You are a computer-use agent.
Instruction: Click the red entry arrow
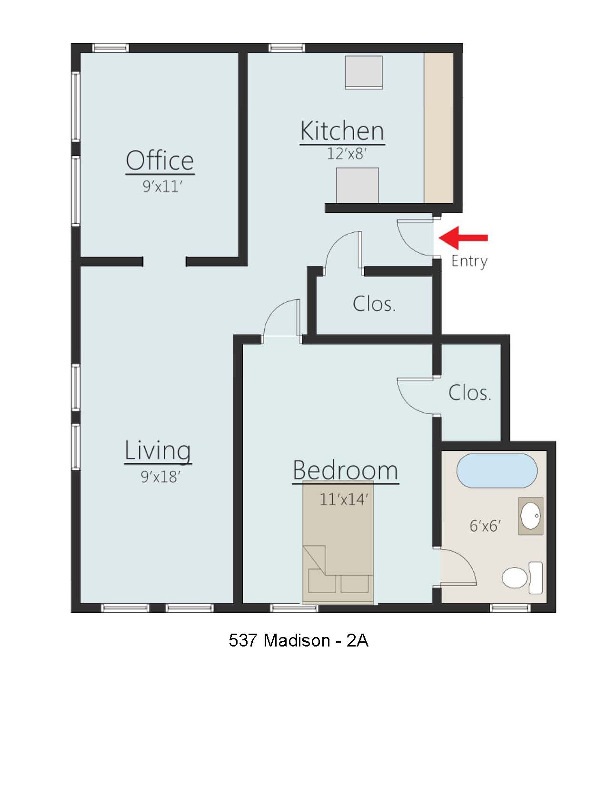pos(463,237)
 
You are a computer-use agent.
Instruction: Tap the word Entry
pos(469,261)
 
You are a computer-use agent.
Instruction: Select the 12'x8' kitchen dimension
pos(347,154)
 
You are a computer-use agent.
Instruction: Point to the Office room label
pos(160,160)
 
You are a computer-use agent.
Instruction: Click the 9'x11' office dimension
pos(162,186)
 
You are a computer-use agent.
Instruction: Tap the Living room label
pos(158,450)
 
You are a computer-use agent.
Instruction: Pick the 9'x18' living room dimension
pos(160,477)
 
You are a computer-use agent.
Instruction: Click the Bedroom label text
pos(345,470)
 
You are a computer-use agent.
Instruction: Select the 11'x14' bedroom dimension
pos(344,499)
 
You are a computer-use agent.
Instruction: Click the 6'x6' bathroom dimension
pos(485,526)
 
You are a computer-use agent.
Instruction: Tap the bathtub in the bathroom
pos(497,470)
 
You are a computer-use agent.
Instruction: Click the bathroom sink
pos(530,516)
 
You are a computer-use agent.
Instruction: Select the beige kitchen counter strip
pos(438,127)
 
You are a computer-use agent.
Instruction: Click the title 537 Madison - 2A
pos(299,640)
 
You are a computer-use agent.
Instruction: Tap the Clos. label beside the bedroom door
pos(469,393)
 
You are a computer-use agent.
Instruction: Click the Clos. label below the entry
pos(374,304)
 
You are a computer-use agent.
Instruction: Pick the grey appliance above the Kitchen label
pos(364,72)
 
